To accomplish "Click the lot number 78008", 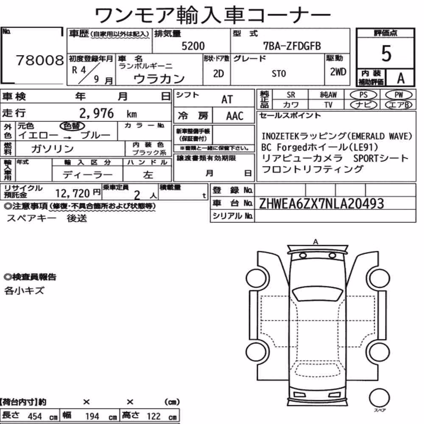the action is tap(40, 60).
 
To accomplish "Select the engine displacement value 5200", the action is tap(193, 46).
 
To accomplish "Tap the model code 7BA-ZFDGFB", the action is tap(292, 46).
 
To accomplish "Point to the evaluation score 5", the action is tap(386, 53).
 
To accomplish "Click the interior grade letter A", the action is tap(401, 78).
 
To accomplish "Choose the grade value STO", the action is tap(279, 73).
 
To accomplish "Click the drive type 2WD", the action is tap(338, 72).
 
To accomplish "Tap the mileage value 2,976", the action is tap(97, 113).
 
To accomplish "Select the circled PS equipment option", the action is tap(363, 95).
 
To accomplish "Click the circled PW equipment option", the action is tap(399, 95).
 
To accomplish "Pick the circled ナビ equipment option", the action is tap(363, 105).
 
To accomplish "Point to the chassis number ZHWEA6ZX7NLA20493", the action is tap(321, 204).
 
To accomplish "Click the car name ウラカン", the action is tap(159, 79).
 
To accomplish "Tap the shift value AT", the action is tap(227, 100).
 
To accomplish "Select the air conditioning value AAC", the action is tap(235, 116).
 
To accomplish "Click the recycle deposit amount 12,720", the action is tap(73, 193).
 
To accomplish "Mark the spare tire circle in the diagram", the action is tap(379, 398).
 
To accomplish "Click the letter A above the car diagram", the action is tap(315, 242).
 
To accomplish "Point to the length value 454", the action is tap(35, 416).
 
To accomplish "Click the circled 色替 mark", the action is tap(72, 126).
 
